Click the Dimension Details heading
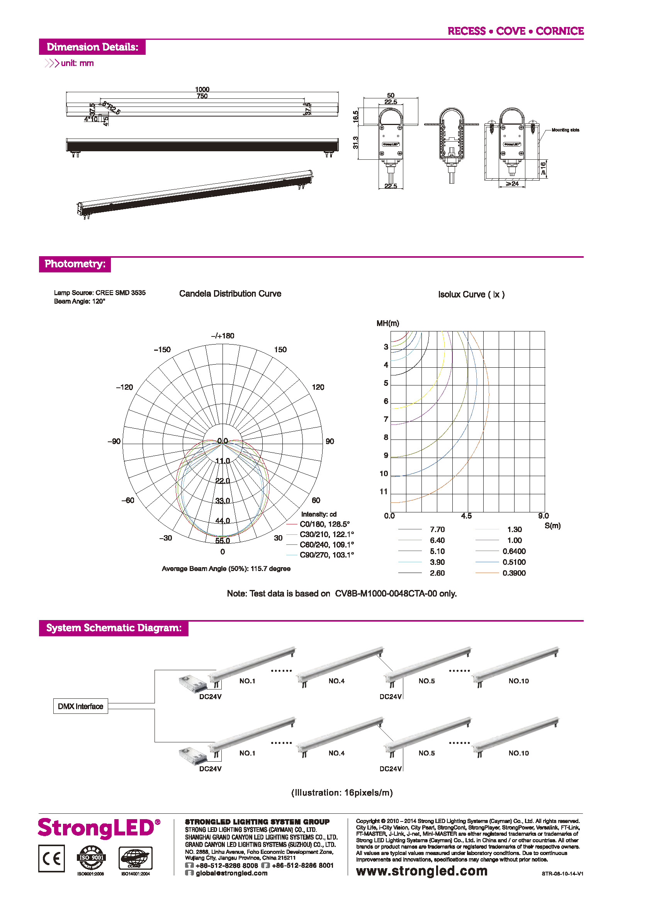[x=92, y=47]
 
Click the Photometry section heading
[x=75, y=264]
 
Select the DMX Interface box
[x=80, y=706]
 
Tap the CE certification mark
[x=51, y=859]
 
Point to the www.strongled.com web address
[x=421, y=871]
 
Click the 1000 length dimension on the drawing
[x=202, y=89]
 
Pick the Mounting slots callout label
[x=565, y=130]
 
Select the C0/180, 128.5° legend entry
[x=324, y=524]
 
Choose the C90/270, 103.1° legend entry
[x=326, y=555]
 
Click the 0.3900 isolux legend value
[x=514, y=573]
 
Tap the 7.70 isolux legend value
[x=437, y=529]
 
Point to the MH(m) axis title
[x=388, y=323]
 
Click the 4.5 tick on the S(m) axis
[x=466, y=516]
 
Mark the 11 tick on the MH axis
[x=383, y=492]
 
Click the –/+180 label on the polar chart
[x=223, y=336]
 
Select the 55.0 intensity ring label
[x=223, y=541]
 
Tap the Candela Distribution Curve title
[x=230, y=294]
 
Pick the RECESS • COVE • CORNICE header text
[x=515, y=31]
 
